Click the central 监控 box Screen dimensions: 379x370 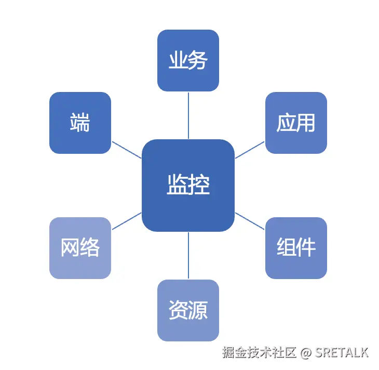tap(188, 186)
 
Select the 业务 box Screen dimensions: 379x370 tap(188, 60)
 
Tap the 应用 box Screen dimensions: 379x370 tap(296, 123)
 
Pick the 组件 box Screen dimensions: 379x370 tap(296, 248)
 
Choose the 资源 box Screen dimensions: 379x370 tap(188, 310)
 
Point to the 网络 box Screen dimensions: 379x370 tap(80, 248)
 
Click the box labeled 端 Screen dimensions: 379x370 tap(80, 123)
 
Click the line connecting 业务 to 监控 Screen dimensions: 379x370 tap(188, 115)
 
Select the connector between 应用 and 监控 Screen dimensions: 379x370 tap(250, 150)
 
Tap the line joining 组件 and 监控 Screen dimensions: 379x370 tap(250, 221)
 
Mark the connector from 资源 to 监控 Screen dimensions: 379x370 tap(188, 256)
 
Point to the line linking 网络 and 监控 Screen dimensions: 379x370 tap(127, 221)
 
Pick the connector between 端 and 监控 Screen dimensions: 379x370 tap(127, 150)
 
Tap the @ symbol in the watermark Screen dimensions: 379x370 tap(306, 353)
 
